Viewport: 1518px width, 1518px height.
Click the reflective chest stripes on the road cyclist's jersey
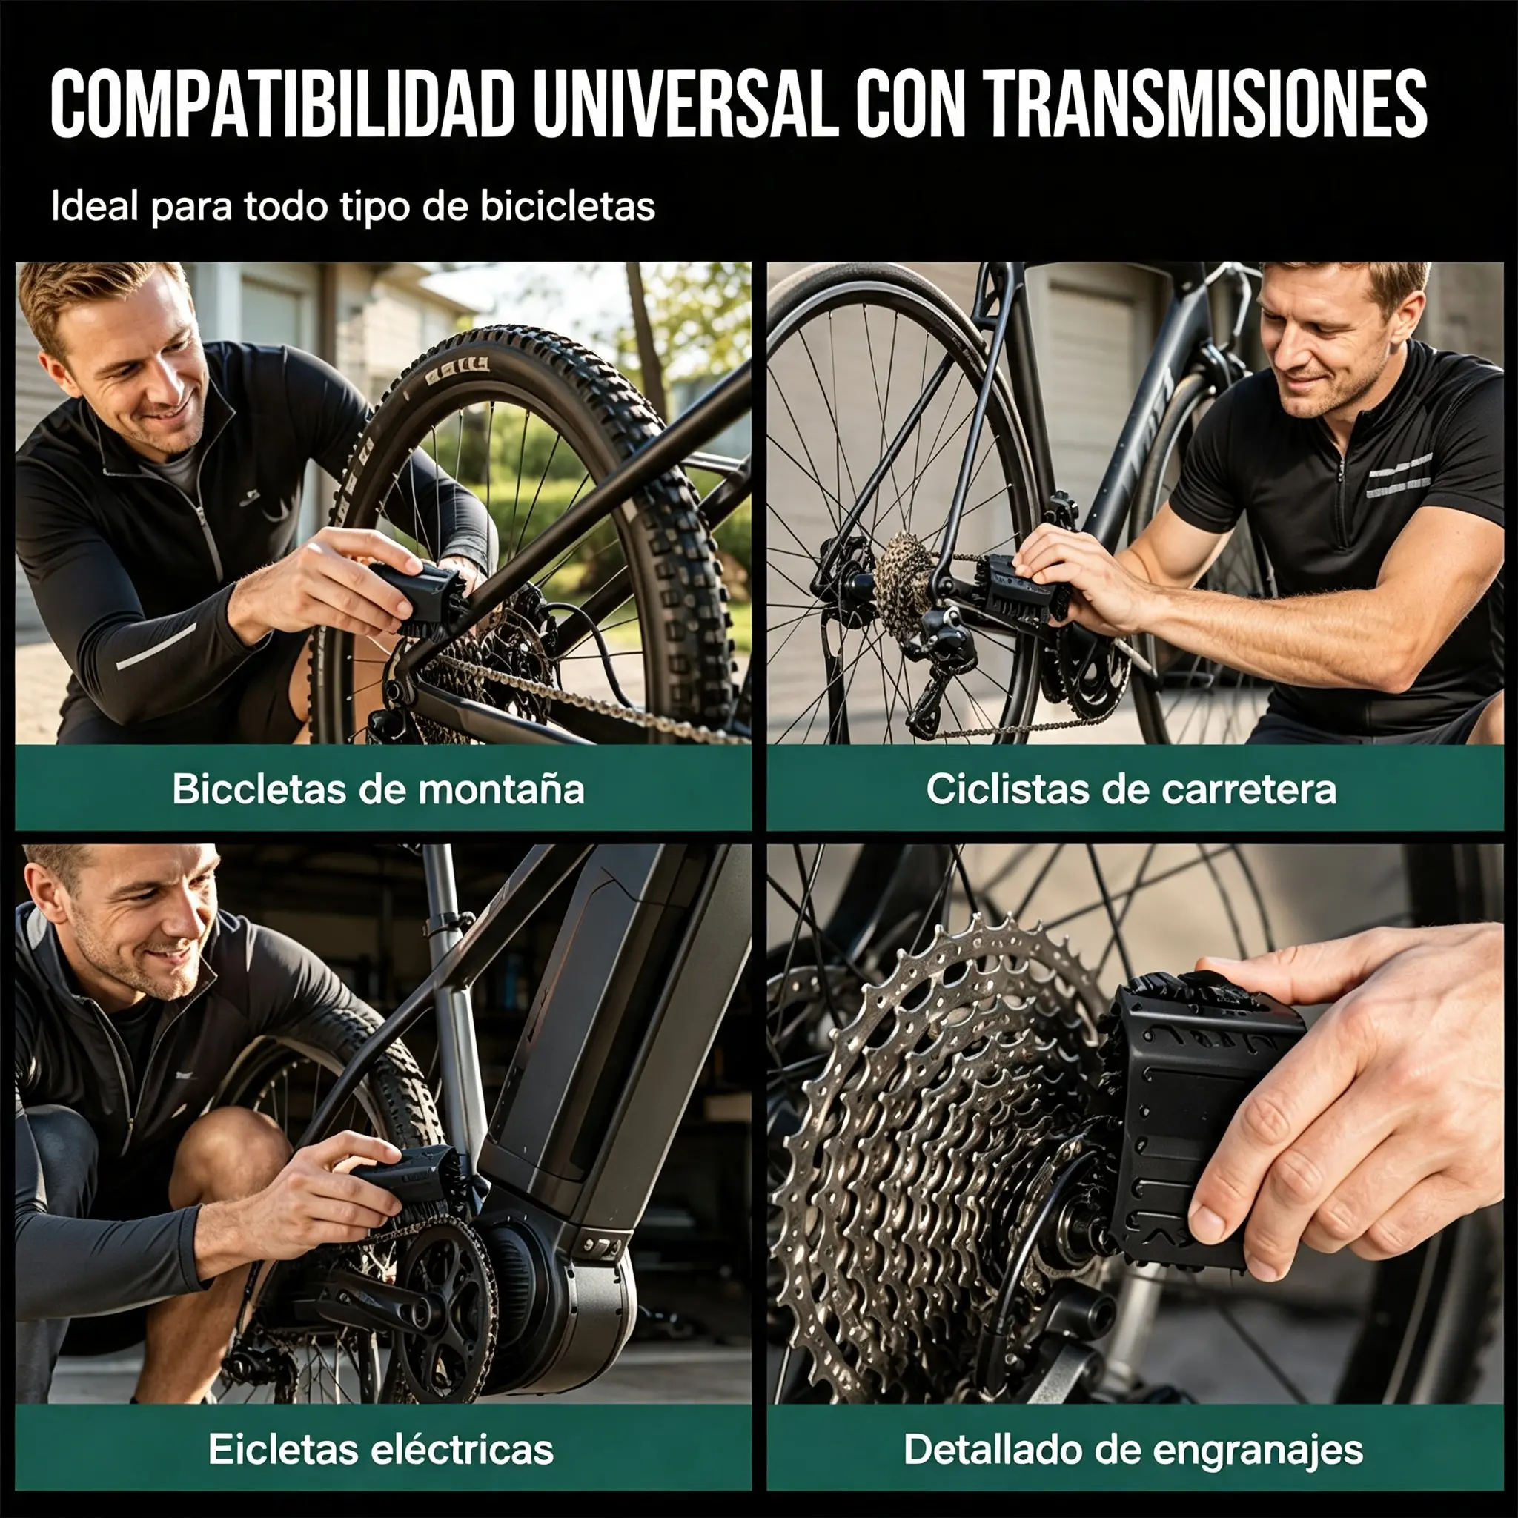(x=1400, y=476)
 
